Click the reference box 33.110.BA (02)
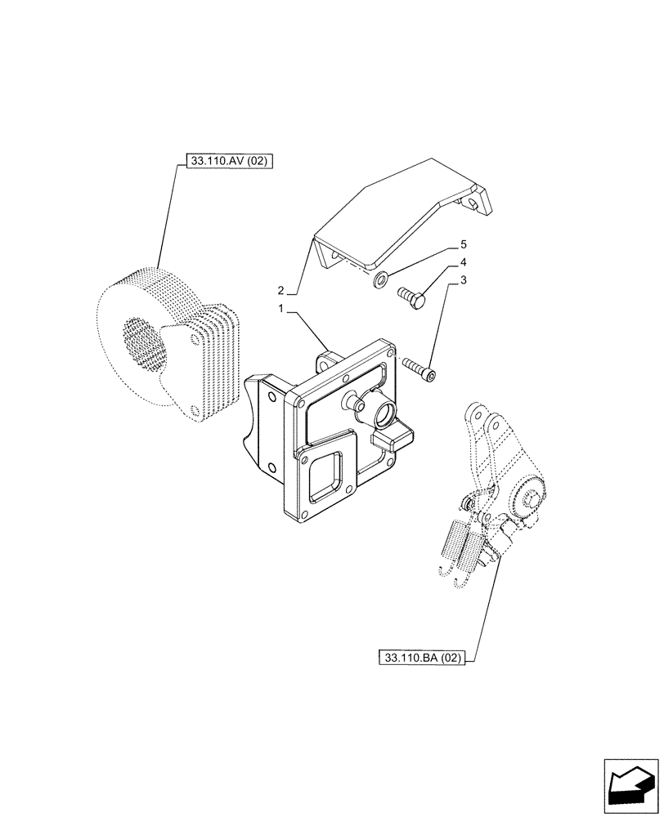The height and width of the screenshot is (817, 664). (422, 657)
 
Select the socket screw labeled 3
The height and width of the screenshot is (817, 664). (419, 368)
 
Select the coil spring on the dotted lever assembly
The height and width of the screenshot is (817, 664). (455, 543)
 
